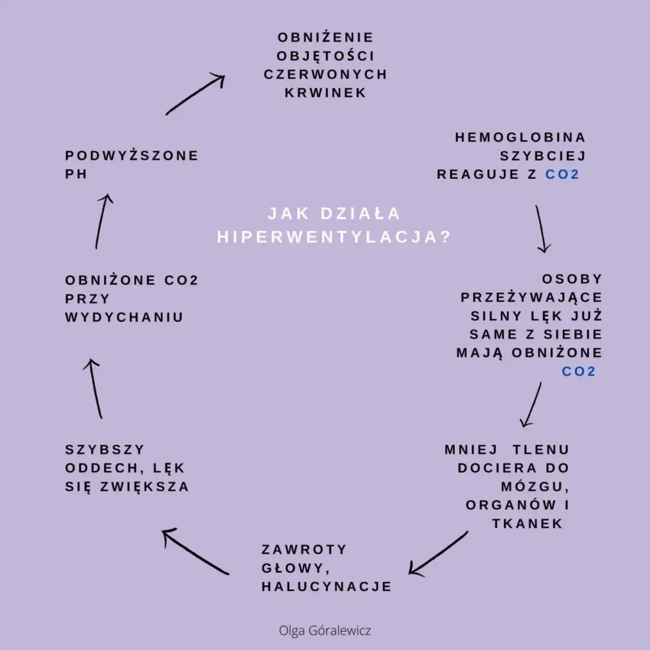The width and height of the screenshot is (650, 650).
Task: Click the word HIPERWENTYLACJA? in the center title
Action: [334, 237]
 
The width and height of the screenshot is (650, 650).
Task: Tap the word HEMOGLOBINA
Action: [520, 138]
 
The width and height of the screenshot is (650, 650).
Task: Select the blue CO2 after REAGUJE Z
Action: [562, 175]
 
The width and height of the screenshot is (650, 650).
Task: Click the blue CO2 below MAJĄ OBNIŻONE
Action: [578, 372]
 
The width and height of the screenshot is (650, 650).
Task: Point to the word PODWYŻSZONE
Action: [132, 156]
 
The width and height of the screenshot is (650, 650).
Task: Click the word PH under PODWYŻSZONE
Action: [76, 175]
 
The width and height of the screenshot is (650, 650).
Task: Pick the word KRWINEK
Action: [326, 93]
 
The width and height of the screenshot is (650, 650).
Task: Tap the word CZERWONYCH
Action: [326, 75]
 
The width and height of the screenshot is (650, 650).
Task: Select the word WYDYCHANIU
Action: [124, 318]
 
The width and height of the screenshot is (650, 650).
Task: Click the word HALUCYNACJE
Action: [327, 587]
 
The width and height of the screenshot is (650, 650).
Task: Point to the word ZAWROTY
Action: [305, 549]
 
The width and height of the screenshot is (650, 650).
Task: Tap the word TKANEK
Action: [527, 524]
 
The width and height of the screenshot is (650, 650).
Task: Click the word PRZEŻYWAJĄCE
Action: [531, 298]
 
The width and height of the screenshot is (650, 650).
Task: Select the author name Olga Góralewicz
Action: [325, 631]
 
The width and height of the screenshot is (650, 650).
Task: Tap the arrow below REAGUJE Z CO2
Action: [541, 229]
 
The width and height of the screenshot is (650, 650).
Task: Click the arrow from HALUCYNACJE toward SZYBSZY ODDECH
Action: [195, 551]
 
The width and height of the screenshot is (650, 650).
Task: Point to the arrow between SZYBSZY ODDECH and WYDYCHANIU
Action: [96, 388]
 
